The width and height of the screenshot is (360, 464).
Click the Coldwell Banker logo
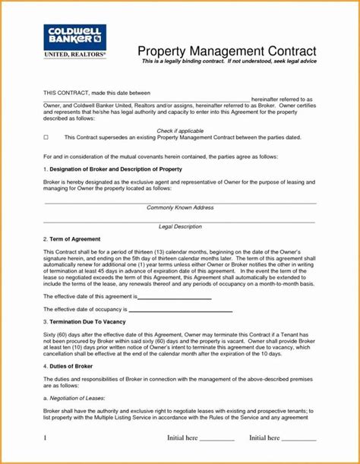click(x=74, y=37)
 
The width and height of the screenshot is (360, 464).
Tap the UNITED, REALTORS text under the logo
click(x=74, y=55)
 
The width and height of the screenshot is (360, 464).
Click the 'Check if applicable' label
click(x=179, y=129)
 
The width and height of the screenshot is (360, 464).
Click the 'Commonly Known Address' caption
click(x=180, y=207)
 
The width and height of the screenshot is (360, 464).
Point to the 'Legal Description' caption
click(x=180, y=226)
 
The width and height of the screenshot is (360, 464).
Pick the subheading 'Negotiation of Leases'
click(x=77, y=397)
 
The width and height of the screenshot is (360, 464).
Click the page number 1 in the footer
click(x=46, y=437)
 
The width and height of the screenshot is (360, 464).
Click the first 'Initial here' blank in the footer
click(x=217, y=439)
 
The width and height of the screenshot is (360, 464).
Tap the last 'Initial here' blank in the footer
click(x=299, y=439)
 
